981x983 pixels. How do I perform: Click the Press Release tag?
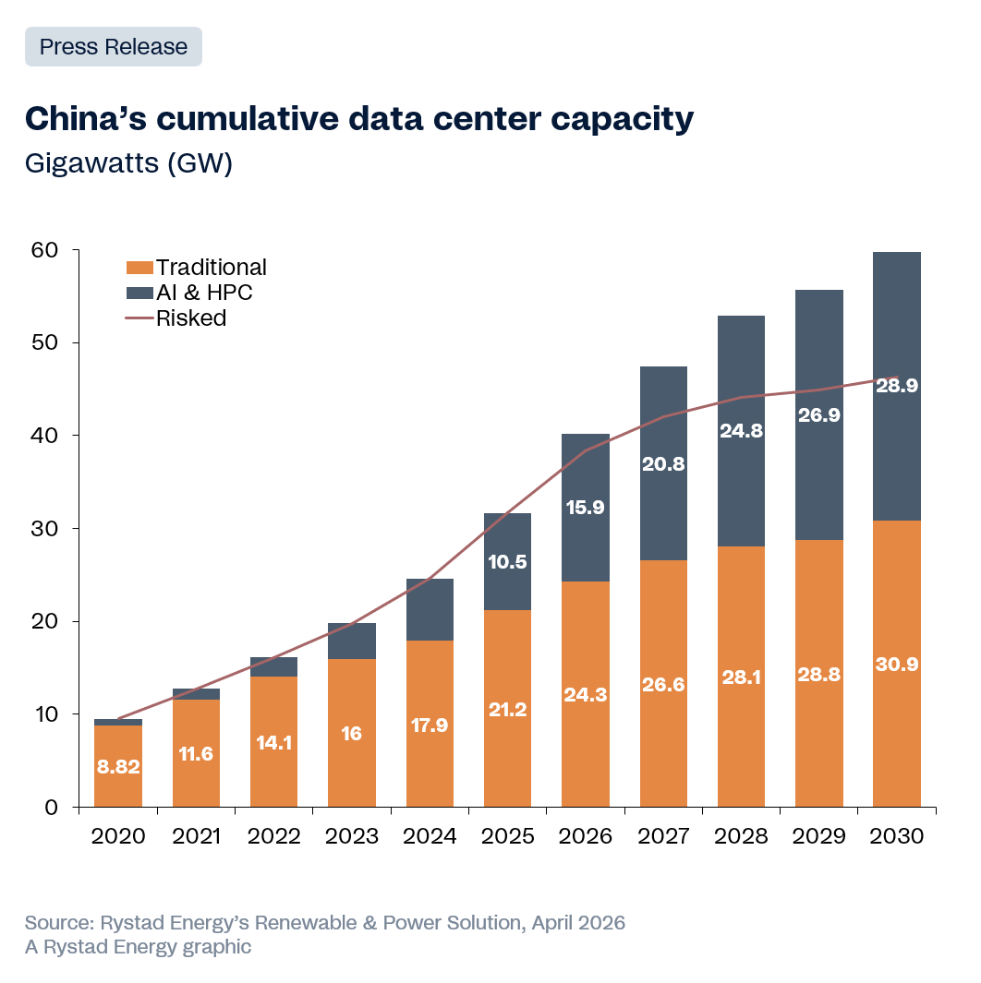coord(113,47)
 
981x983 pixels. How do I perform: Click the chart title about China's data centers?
coord(358,119)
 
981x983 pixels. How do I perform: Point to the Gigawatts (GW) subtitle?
coord(127,163)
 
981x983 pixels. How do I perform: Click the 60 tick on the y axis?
coord(45,250)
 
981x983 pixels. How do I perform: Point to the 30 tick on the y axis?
coord(45,529)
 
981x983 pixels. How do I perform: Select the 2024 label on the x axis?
coord(430,836)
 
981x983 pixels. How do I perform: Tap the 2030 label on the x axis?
coord(897,836)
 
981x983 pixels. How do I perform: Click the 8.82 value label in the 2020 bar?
coord(118,767)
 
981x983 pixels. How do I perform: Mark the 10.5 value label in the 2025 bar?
coord(507,562)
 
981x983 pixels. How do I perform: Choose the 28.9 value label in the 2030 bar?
coord(897,387)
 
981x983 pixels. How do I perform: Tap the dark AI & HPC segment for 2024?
coord(430,609)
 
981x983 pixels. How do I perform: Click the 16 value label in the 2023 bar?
coord(352,734)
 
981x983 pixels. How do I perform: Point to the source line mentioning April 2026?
coord(325,923)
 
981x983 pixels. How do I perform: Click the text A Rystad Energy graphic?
coord(138,947)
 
